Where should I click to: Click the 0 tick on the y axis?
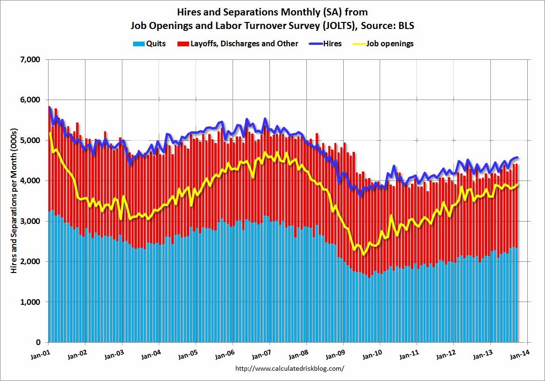[38, 342]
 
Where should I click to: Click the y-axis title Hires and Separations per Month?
[14, 201]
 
